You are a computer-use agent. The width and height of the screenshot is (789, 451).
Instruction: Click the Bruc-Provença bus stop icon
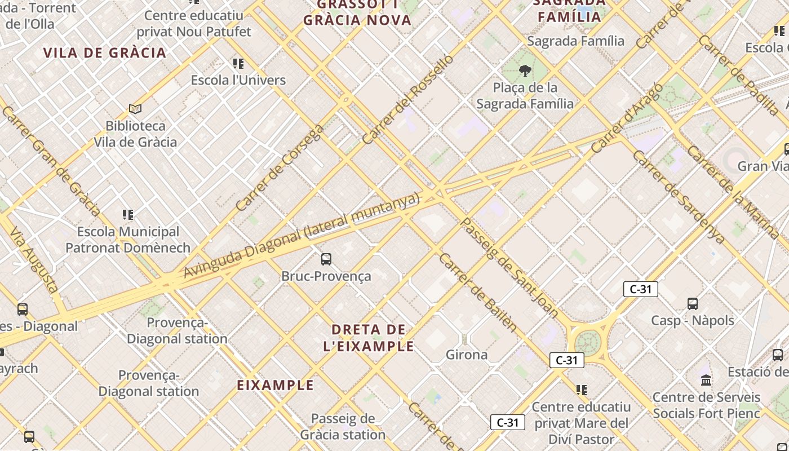point(326,259)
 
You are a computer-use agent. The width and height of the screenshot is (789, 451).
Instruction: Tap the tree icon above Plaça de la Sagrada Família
point(525,71)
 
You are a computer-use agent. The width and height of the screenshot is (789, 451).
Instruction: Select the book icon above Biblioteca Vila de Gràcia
point(135,109)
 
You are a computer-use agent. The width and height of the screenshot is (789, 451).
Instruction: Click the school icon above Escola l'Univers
point(238,63)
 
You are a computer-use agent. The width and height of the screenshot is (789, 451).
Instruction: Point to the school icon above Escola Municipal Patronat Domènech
point(128,215)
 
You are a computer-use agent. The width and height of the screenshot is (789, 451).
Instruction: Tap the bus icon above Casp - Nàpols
point(693,303)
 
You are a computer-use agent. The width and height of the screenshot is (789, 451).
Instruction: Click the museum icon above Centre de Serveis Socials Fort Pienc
point(706,381)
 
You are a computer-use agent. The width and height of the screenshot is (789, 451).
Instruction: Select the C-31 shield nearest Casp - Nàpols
point(640,289)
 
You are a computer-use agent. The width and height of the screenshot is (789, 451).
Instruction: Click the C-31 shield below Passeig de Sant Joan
point(566,360)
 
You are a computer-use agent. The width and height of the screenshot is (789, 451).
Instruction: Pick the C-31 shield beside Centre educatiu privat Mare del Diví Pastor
point(507,422)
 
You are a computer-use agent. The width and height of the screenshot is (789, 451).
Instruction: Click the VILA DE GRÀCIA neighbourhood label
point(105,53)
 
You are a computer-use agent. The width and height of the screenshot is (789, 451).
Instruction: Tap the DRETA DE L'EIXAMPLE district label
point(369,338)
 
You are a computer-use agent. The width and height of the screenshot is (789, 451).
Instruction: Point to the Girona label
point(466,355)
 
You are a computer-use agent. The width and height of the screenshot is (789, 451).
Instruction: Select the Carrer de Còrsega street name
point(280,167)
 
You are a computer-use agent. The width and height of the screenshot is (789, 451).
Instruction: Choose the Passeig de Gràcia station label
point(343,426)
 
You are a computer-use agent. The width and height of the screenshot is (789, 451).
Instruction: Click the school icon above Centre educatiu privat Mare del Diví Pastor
point(581,390)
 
